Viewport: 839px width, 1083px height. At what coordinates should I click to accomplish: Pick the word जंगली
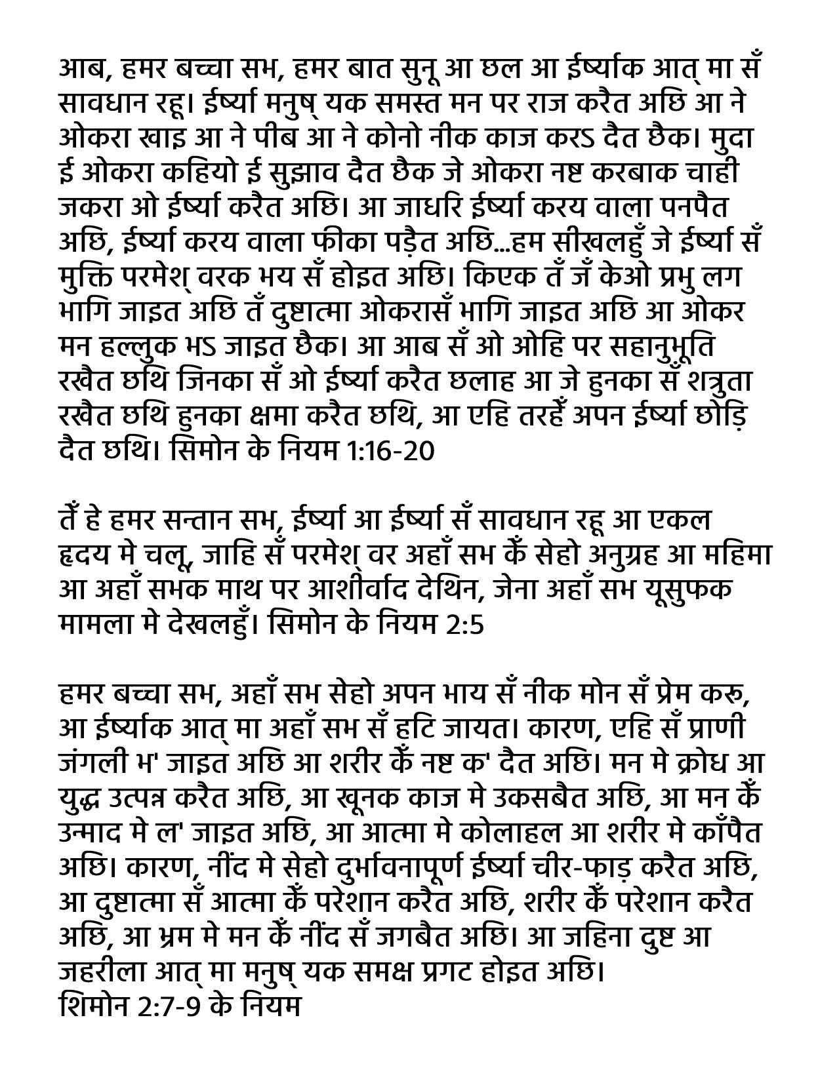coord(90,763)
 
